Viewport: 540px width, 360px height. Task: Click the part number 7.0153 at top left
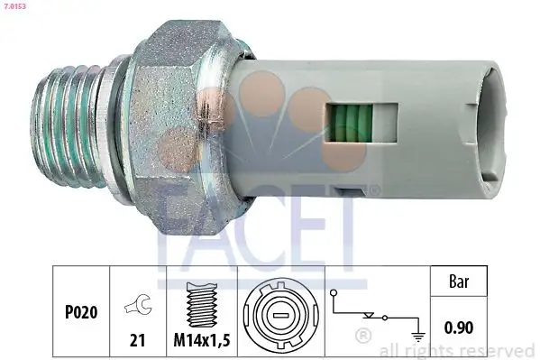point(14,6)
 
